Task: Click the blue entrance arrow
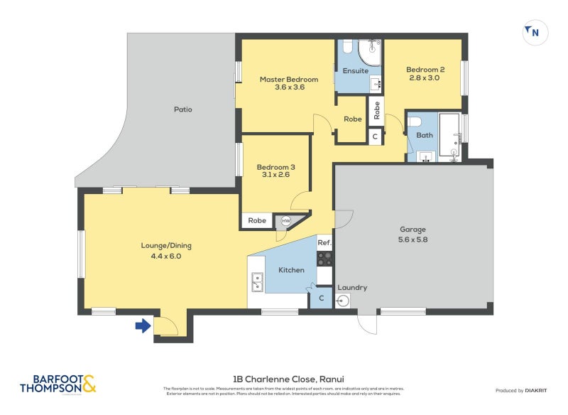143,326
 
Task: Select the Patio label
183,109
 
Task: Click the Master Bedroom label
288,79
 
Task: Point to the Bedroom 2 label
425,69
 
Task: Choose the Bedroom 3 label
275,168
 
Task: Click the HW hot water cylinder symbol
286,221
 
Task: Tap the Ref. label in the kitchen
324,243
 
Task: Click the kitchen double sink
256,281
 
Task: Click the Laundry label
352,287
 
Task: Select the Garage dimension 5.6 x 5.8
413,239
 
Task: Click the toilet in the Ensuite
347,48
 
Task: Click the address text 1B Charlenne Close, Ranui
293,379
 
